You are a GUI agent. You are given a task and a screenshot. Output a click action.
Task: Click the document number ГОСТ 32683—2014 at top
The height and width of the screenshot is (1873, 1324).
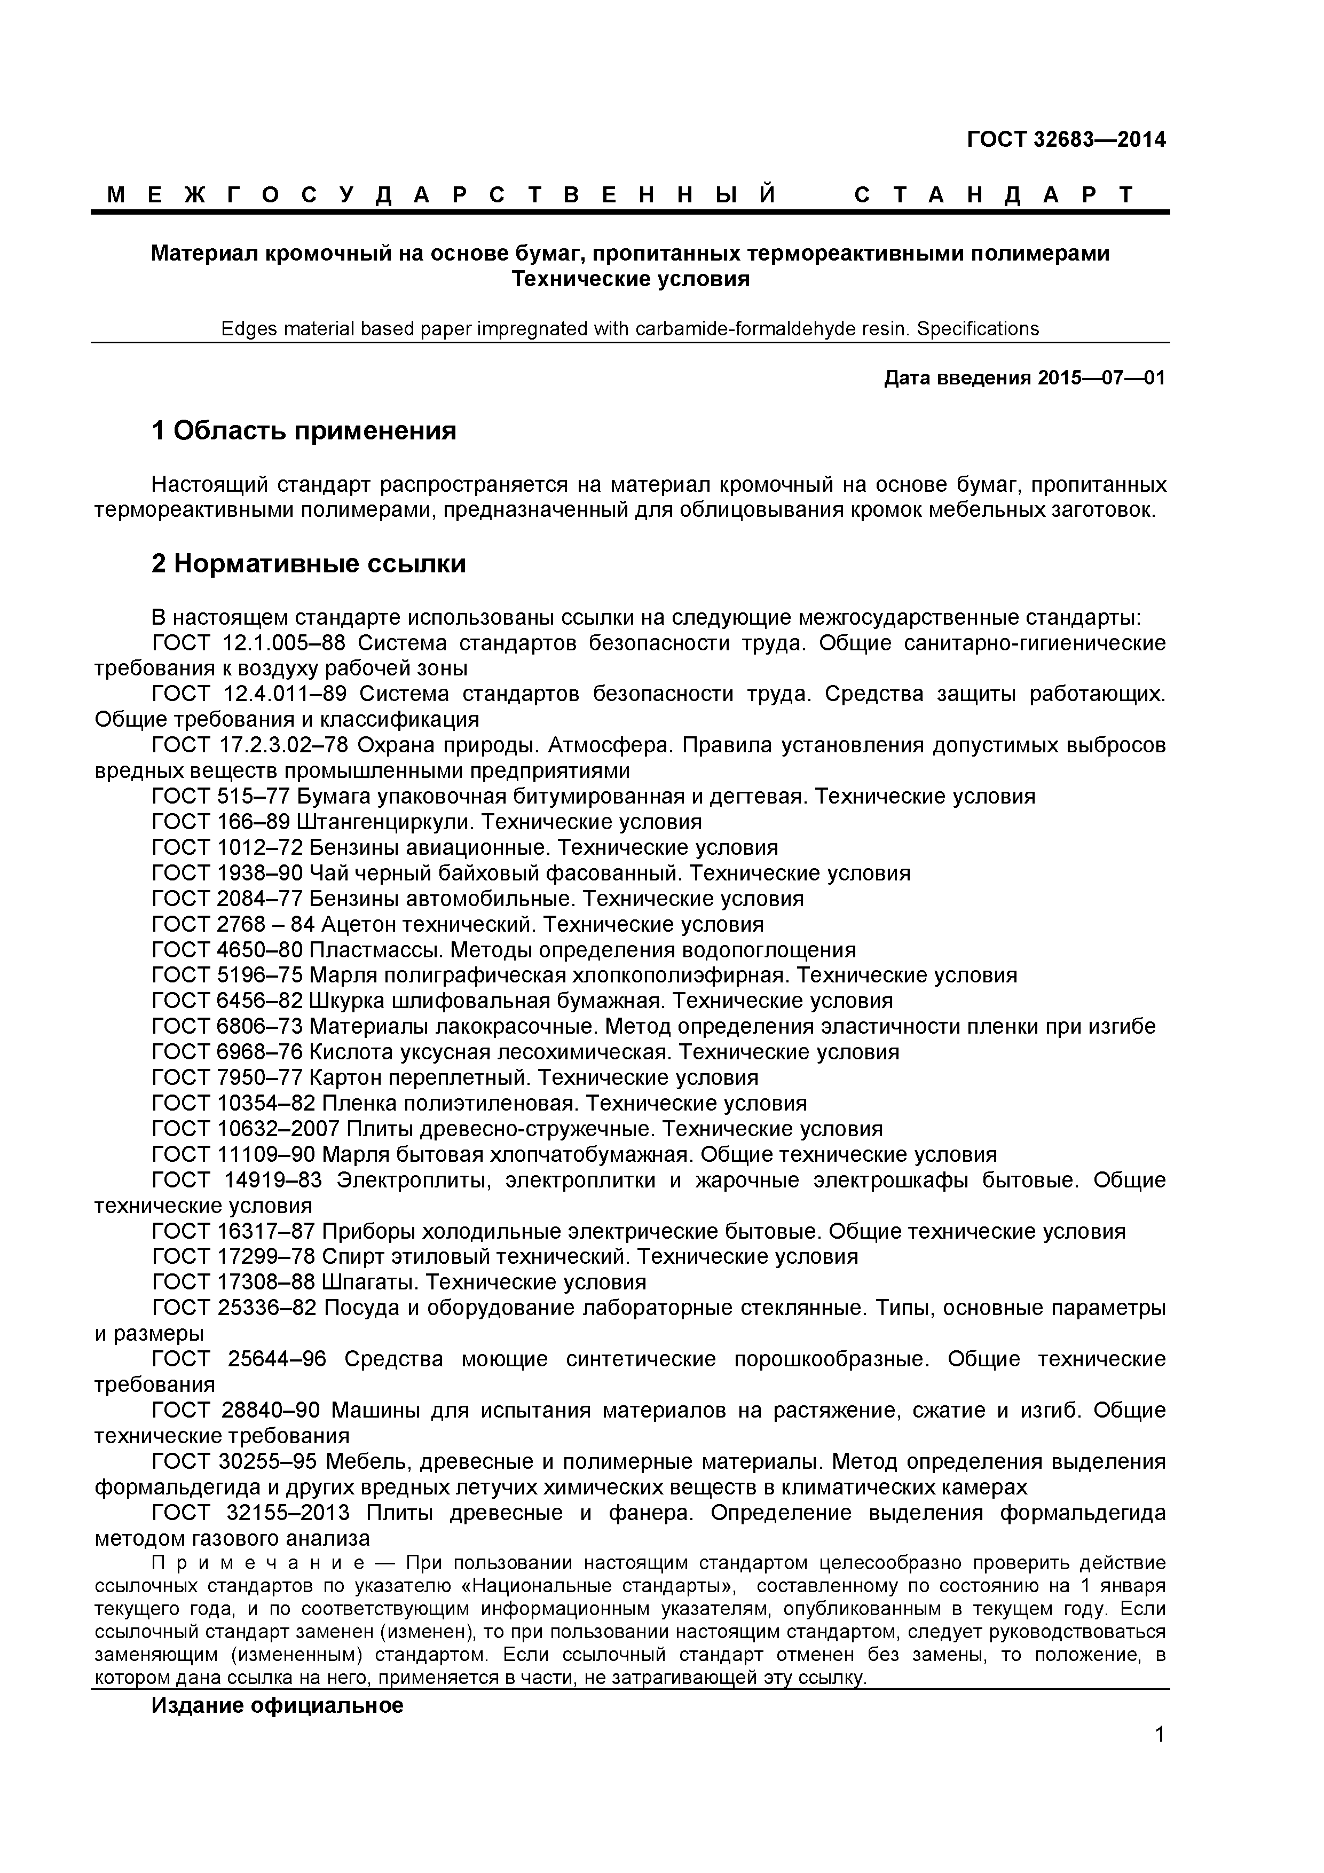pyautogui.click(x=1066, y=139)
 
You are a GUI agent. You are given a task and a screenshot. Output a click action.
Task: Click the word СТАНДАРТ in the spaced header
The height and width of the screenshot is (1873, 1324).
pyautogui.click(x=994, y=195)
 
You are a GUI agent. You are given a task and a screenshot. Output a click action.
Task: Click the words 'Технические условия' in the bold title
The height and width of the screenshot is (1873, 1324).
pyautogui.click(x=630, y=279)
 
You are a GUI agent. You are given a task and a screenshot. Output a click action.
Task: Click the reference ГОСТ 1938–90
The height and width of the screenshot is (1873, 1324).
pyautogui.click(x=227, y=873)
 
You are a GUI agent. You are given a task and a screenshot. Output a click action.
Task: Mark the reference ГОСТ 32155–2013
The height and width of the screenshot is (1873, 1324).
pyautogui.click(x=250, y=1513)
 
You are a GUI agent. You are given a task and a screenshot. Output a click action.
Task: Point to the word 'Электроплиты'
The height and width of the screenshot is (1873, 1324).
pyautogui.click(x=414, y=1181)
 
